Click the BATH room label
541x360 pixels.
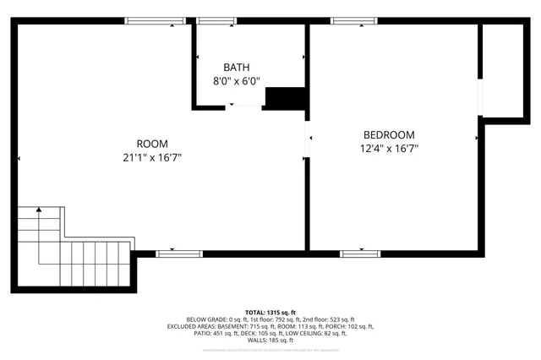tap(237, 68)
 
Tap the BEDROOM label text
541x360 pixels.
tap(389, 134)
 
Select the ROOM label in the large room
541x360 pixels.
tap(152, 143)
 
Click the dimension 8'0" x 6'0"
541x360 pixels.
tap(237, 82)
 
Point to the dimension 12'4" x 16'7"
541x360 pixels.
tap(389, 149)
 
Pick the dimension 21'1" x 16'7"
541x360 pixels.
tap(152, 157)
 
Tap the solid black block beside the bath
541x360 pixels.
tap(285, 98)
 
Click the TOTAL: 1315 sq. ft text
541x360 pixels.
tap(270, 312)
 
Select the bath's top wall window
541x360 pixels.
tap(217, 20)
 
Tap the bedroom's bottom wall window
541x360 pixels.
tap(360, 253)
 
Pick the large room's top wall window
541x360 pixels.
tap(155, 20)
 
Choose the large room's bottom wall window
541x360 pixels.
tap(179, 253)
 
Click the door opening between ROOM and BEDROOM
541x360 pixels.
tap(308, 144)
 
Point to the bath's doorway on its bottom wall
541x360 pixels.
tap(243, 106)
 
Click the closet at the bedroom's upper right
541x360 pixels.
tap(504, 68)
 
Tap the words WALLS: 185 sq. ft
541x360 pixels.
tap(270, 340)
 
